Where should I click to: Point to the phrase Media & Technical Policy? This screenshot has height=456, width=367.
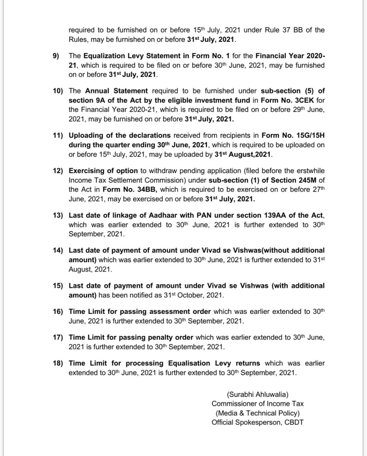click(x=258, y=413)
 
